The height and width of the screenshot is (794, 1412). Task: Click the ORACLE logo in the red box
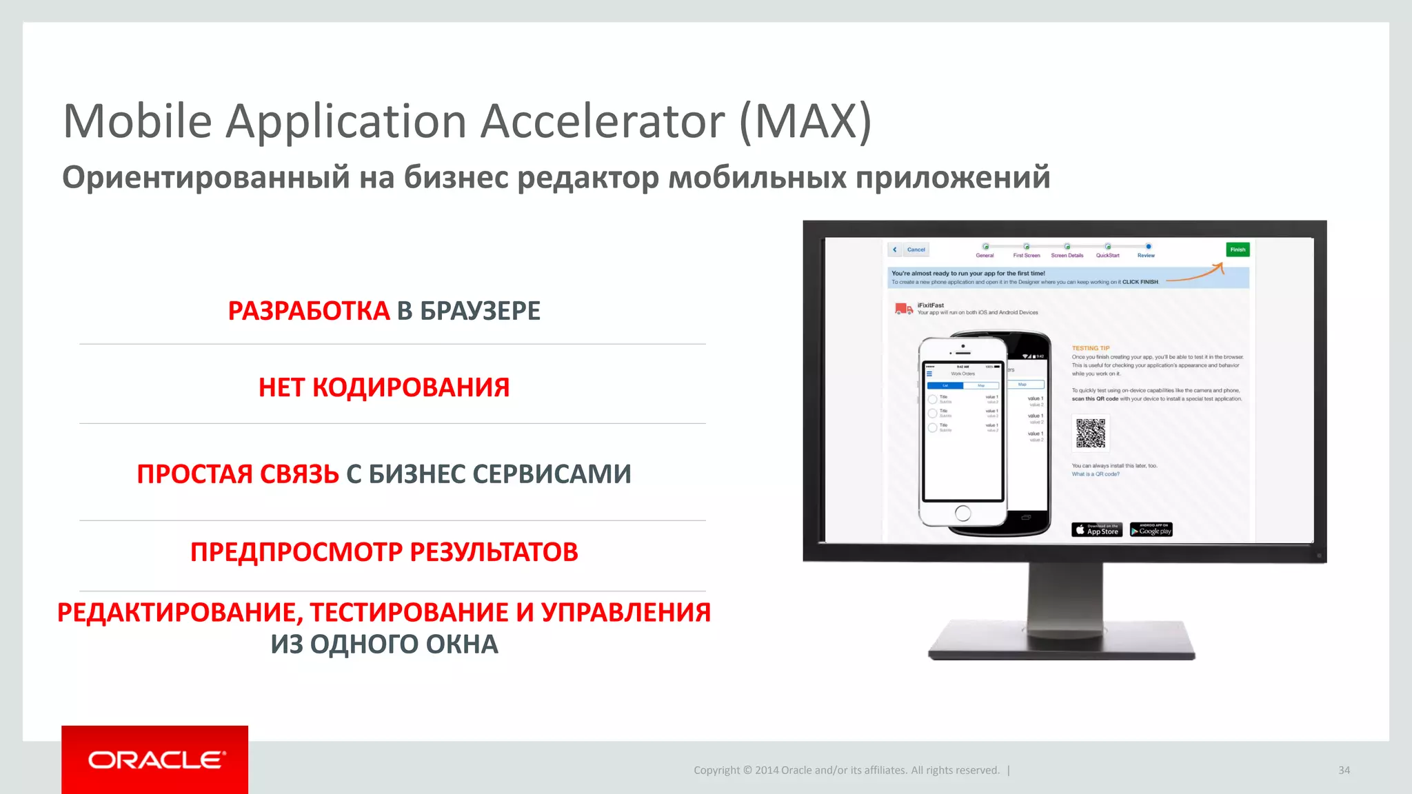pyautogui.click(x=156, y=760)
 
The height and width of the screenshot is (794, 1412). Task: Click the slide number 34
pyautogui.click(x=1344, y=770)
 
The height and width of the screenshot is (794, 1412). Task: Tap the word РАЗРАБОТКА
pyautogui.click(x=309, y=311)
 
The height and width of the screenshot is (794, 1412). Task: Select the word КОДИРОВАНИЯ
pyautogui.click(x=411, y=387)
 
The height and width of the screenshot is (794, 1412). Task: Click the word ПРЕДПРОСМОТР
pyautogui.click(x=296, y=552)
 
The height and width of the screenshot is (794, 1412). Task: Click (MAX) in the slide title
pyautogui.click(x=805, y=121)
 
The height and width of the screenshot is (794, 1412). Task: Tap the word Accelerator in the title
pyautogui.click(x=602, y=121)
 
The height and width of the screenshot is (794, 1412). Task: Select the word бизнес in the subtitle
pyautogui.click(x=456, y=177)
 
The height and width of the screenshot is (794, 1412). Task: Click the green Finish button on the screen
pyautogui.click(x=1238, y=250)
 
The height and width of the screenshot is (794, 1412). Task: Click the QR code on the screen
pyautogui.click(x=1091, y=433)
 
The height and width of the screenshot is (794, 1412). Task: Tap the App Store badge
pyautogui.click(x=1096, y=529)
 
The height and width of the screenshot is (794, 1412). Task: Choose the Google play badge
pyautogui.click(x=1151, y=529)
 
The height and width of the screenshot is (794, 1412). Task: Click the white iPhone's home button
pyautogui.click(x=963, y=513)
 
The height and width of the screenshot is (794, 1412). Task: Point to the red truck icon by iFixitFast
pyautogui.click(x=903, y=309)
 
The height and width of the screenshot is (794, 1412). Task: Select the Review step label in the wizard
pyautogui.click(x=1146, y=256)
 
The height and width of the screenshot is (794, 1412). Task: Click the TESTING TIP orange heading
pyautogui.click(x=1090, y=348)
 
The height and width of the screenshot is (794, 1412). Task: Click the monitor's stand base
pyautogui.click(x=1062, y=641)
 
